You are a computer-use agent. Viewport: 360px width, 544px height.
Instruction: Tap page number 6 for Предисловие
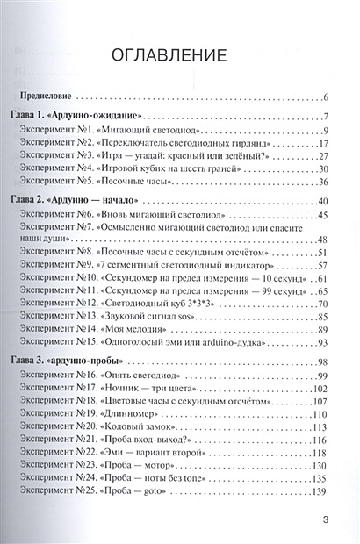325,97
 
